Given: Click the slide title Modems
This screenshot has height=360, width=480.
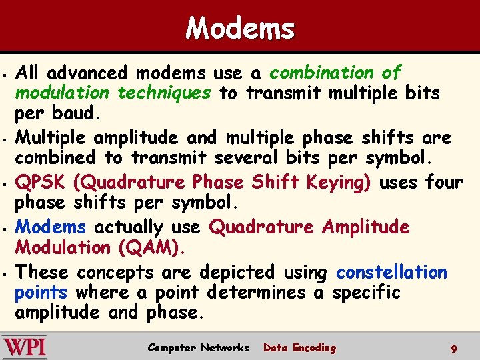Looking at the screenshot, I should pyautogui.click(x=240, y=29).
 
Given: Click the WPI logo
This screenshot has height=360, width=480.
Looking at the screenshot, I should pyautogui.click(x=24, y=348).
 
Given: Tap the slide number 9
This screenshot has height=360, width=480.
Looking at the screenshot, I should pyautogui.click(x=453, y=349).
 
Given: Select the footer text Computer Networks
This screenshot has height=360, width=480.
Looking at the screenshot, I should pyautogui.click(x=198, y=347).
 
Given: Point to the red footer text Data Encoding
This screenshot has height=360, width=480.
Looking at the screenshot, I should pyautogui.click(x=300, y=347).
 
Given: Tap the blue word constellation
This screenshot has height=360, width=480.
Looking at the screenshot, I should pyautogui.click(x=391, y=272).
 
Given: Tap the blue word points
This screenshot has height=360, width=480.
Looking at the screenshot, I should pyautogui.click(x=41, y=292).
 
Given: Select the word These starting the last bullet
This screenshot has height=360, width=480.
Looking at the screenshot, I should pyautogui.click(x=42, y=272).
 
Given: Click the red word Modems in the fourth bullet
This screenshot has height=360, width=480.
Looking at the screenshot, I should pyautogui.click(x=51, y=227).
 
